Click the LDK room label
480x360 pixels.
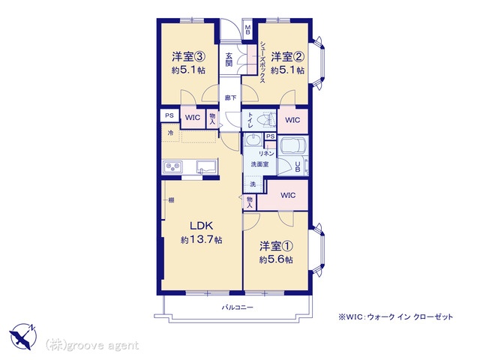coord(201,226)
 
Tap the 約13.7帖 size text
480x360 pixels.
coord(201,240)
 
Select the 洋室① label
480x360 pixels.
coord(276,246)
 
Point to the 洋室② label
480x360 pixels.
coord(287,57)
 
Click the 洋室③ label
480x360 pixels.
coord(188,57)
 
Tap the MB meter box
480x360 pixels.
coord(247,29)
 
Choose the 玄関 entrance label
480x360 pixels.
coord(229,60)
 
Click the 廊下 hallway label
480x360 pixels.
coord(230,98)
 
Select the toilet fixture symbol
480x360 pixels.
coord(267,119)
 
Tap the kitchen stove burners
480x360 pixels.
coord(172,167)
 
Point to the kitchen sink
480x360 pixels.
coord(207,166)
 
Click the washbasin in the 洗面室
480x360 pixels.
coord(253,140)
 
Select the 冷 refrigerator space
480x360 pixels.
coord(170,133)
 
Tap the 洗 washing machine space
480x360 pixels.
coord(253,184)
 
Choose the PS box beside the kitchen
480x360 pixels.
coord(169,115)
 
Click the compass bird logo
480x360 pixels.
coord(22,337)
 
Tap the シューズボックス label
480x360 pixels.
coord(262,62)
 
